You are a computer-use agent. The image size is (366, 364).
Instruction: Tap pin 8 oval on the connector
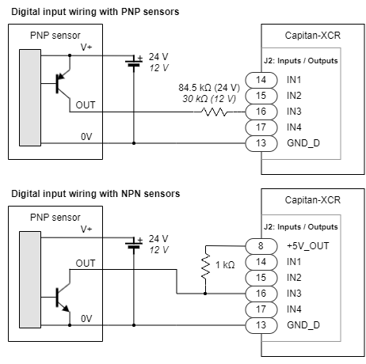[x=262, y=245]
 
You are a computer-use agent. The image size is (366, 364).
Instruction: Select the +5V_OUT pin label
[x=307, y=245]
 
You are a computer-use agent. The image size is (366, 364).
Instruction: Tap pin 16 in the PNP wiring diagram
[x=262, y=112]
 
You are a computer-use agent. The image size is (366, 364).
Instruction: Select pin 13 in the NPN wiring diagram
[x=262, y=325]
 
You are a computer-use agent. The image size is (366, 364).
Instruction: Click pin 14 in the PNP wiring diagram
[x=262, y=80]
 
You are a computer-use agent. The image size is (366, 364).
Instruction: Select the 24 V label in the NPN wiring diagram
[x=158, y=238]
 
